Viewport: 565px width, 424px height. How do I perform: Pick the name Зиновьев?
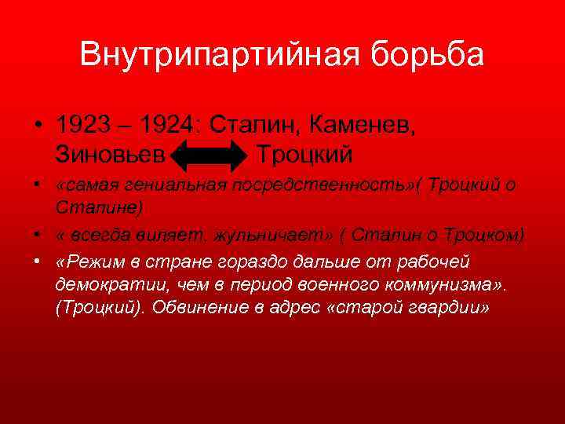111,152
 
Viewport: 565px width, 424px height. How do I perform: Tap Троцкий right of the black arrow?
304,152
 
